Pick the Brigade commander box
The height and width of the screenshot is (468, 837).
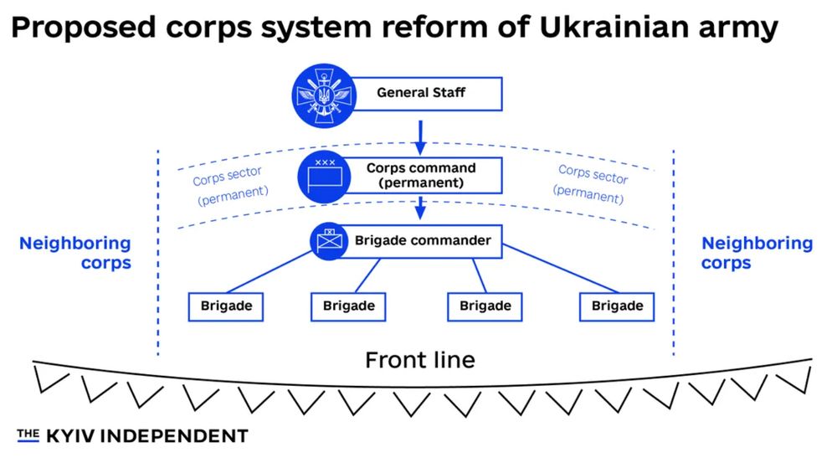pyautogui.click(x=421, y=241)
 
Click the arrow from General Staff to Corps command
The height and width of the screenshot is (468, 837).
pyautogui.click(x=421, y=134)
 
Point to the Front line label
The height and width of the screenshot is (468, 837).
pyautogui.click(x=419, y=360)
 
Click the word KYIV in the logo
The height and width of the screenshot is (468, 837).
pyautogui.click(x=70, y=435)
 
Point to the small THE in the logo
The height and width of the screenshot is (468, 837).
pyautogui.click(x=28, y=434)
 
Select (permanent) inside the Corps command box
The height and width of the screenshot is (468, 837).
pyautogui.click(x=421, y=182)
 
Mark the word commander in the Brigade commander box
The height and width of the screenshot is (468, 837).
pyautogui.click(x=445, y=241)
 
